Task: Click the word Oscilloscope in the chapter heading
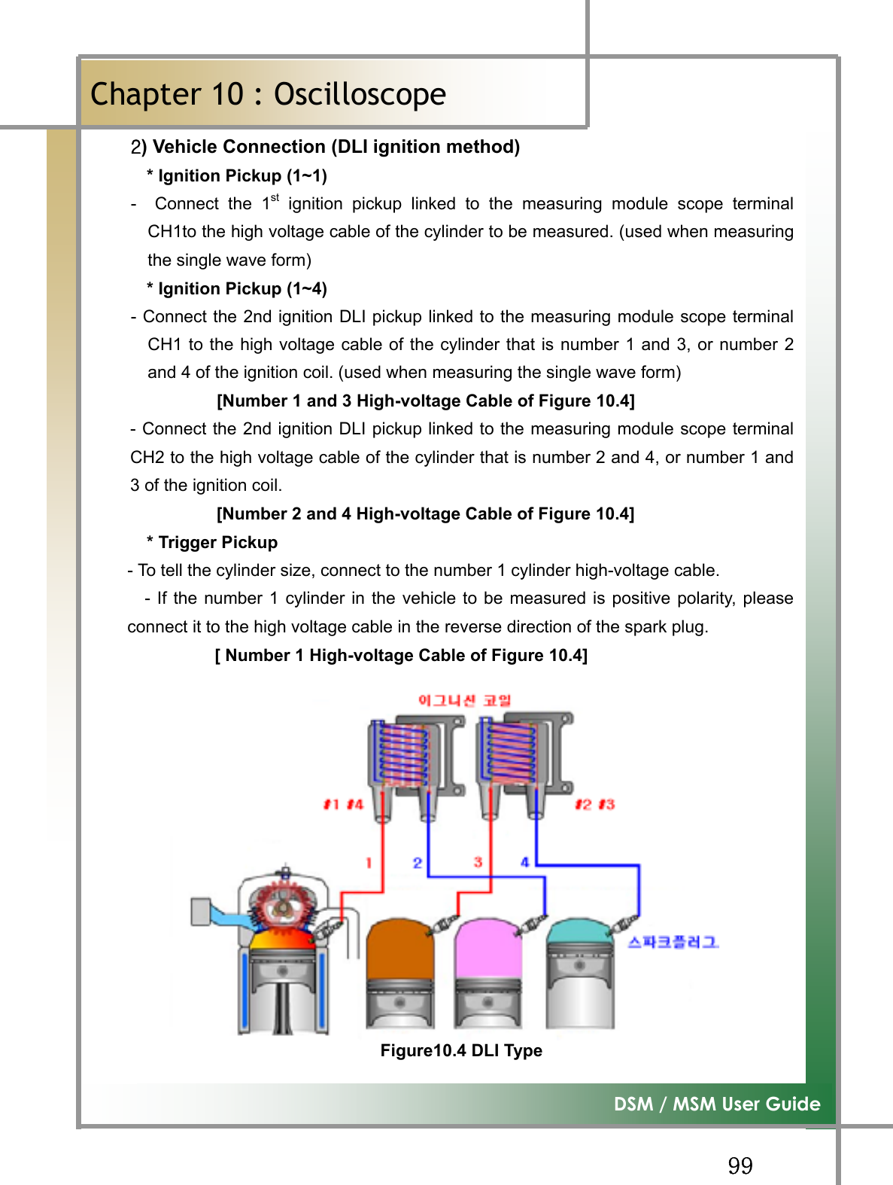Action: [x=360, y=95]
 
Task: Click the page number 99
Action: [x=740, y=1165]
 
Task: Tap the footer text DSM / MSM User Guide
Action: [x=716, y=1104]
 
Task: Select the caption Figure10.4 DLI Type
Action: [x=460, y=1050]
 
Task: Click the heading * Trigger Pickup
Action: [x=212, y=542]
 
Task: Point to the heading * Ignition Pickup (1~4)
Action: [x=237, y=288]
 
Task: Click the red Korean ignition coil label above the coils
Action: [x=464, y=700]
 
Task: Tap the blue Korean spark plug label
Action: [x=673, y=942]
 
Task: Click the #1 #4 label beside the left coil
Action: [x=343, y=804]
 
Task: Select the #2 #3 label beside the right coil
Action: [x=594, y=804]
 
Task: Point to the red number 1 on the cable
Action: [x=369, y=863]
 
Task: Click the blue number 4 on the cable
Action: [x=524, y=862]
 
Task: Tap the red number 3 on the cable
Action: [x=478, y=862]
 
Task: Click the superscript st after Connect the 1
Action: [x=275, y=198]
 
